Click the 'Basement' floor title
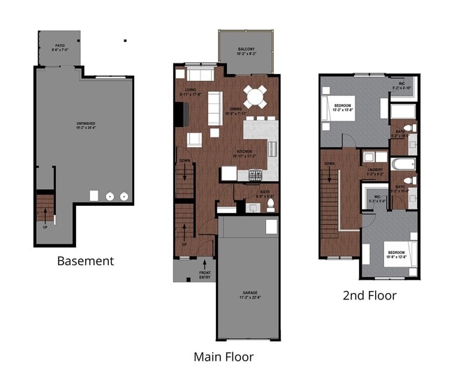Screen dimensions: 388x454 85,261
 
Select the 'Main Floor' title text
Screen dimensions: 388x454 223,357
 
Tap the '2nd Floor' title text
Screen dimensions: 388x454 369,295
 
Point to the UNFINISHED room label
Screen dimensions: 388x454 85,126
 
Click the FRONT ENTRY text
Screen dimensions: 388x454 205,275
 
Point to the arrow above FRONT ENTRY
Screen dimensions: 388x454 204,264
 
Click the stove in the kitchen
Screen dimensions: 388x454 256,174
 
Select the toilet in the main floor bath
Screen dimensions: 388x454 270,205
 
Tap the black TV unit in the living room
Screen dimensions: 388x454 180,113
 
